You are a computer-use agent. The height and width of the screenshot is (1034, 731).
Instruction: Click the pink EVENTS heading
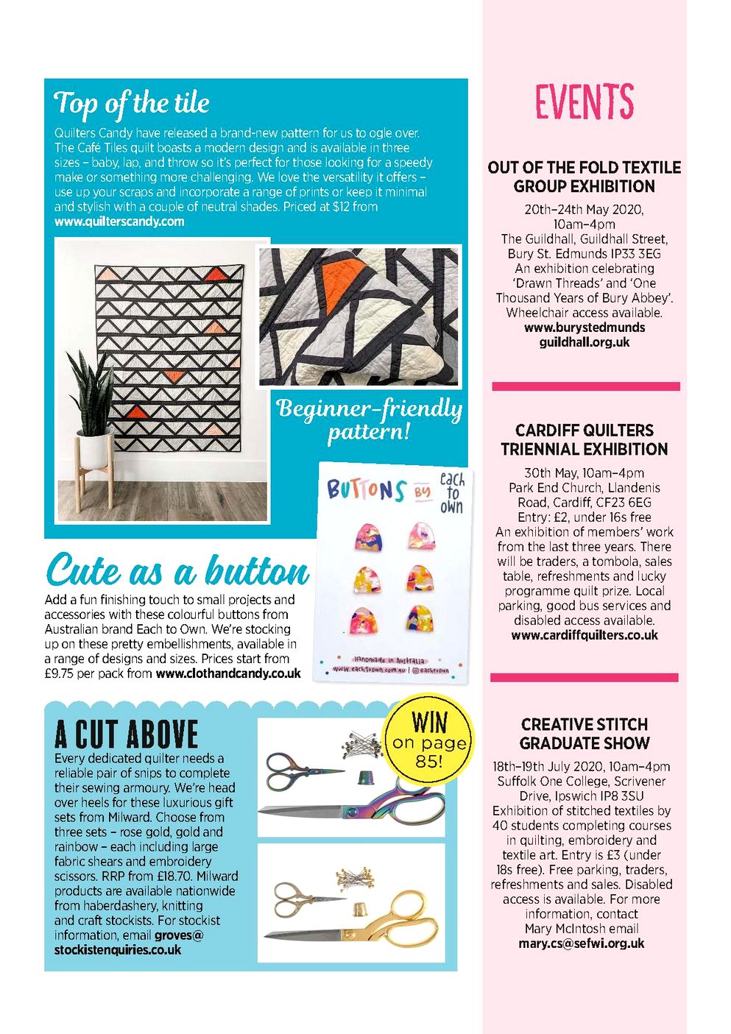[x=584, y=102]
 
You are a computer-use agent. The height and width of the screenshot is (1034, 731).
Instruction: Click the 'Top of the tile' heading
[x=132, y=104]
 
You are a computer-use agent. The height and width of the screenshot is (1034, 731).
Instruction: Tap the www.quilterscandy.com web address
[x=119, y=222]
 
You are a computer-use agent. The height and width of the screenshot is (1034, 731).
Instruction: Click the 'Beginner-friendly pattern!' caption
[x=369, y=419]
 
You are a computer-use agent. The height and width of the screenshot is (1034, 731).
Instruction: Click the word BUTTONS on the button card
[x=366, y=489]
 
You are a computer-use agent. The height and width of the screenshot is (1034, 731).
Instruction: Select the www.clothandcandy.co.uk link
[x=228, y=673]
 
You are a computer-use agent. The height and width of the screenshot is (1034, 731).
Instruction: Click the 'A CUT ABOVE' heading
[x=127, y=734]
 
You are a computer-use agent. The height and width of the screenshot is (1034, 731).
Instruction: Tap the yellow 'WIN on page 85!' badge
[x=429, y=740]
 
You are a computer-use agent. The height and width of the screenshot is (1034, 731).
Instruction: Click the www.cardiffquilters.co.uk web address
[x=585, y=635]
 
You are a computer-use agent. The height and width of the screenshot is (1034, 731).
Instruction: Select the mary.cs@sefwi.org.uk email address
[x=581, y=943]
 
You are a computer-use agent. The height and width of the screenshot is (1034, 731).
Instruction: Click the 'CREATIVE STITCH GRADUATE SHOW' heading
[x=585, y=734]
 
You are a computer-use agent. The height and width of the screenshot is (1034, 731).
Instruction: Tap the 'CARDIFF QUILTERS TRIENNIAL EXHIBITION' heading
[x=585, y=439]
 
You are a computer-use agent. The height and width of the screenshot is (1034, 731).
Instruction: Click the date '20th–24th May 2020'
[x=584, y=210]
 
